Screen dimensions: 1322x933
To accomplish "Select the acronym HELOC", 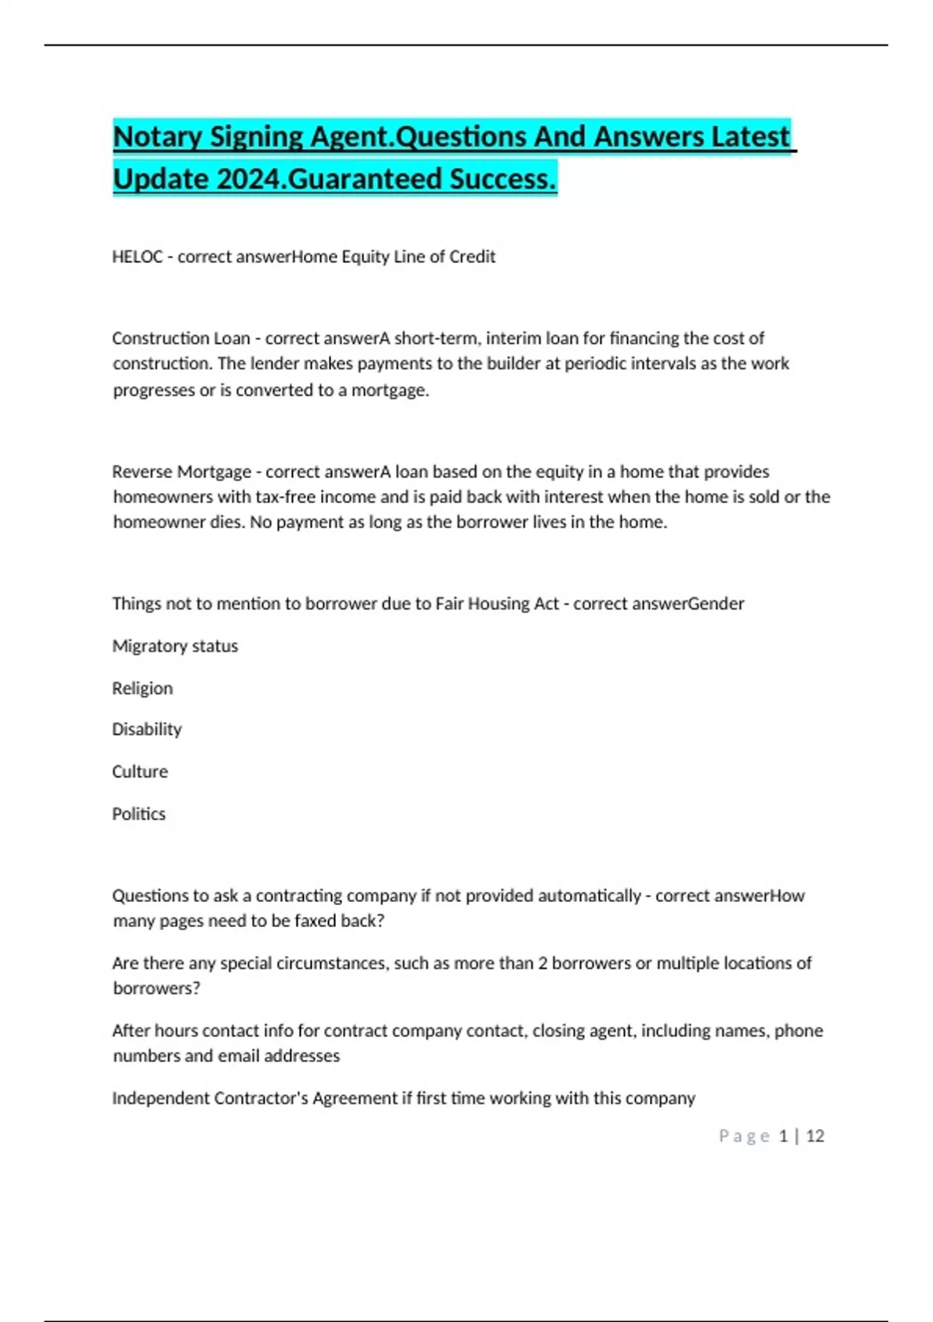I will coord(138,257).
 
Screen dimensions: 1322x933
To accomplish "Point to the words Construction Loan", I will coord(181,338).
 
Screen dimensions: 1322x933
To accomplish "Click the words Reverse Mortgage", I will coord(182,472).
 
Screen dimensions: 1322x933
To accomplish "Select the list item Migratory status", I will coord(175,646).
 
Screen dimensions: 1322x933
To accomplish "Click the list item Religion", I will coord(142,688).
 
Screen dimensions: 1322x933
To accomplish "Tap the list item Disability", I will coord(147,729).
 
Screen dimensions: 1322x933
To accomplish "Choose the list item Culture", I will coord(140,771).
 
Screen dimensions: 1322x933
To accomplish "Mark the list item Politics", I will coord(139,814).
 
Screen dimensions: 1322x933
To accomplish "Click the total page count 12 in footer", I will coord(815,1136).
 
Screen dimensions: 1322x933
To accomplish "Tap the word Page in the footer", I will coord(744,1136).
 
